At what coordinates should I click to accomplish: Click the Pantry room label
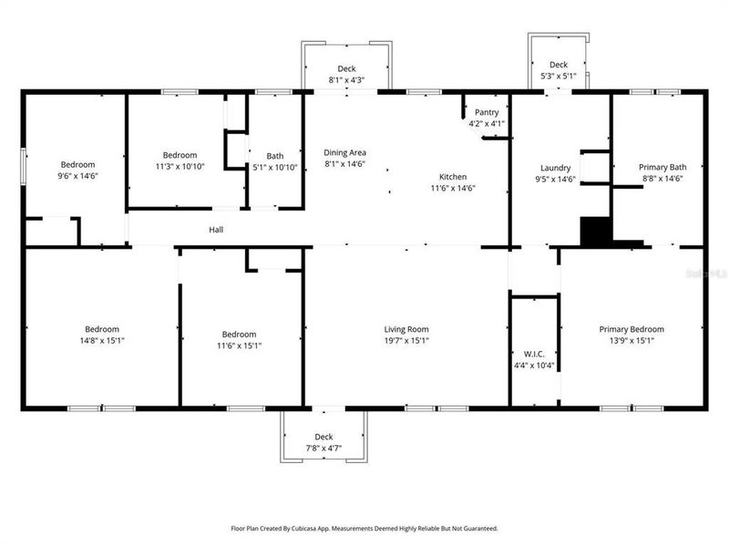[x=486, y=112]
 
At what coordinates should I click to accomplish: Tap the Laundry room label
[x=555, y=168]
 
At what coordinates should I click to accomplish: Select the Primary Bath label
[x=662, y=167]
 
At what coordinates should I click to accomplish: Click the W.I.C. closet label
[x=534, y=354]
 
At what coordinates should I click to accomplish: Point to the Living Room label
[x=406, y=329]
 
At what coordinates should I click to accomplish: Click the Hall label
[x=216, y=230]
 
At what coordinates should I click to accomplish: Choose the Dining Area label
[x=344, y=152]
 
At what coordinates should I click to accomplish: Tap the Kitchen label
[x=453, y=176]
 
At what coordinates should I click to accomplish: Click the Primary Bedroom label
[x=631, y=329]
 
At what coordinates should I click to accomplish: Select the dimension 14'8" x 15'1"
[x=102, y=341]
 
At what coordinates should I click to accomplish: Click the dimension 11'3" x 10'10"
[x=180, y=167]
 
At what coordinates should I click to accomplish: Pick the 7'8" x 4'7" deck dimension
[x=323, y=448]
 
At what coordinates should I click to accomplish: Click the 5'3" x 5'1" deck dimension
[x=559, y=76]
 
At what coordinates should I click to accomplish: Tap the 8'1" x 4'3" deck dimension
[x=346, y=80]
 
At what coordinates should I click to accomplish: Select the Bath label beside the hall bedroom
[x=274, y=156]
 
